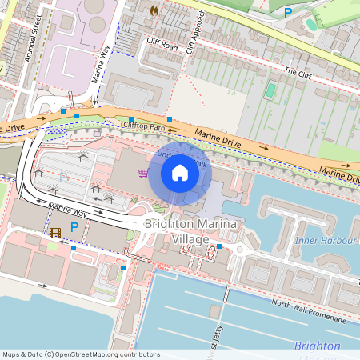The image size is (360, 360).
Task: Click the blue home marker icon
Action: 180,173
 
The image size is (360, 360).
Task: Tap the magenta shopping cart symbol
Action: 143,173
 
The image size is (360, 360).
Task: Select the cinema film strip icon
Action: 54,234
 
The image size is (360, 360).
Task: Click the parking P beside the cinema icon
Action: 74,228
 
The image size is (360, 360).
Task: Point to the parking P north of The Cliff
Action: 287,11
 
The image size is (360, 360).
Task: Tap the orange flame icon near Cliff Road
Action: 154,11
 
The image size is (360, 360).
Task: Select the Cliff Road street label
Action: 162,46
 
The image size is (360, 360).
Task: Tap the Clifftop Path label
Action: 144,126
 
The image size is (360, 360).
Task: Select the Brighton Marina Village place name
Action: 189,232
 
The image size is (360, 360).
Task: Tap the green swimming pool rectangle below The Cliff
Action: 270,90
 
